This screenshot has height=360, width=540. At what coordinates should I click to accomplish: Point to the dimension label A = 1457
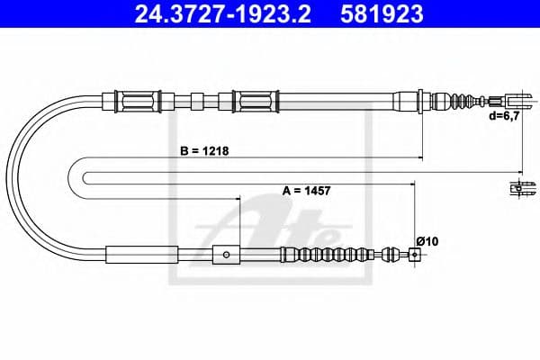[308, 190]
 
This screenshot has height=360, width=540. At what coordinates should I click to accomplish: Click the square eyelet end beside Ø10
[414, 256]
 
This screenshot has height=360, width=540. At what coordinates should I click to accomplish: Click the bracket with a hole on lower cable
[226, 255]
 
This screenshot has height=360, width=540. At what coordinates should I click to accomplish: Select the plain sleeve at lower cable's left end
[141, 255]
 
